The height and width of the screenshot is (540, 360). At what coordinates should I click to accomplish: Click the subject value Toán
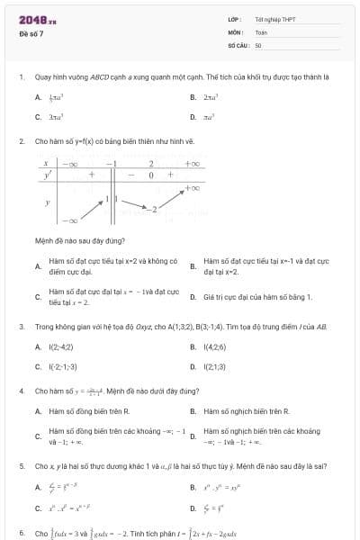[x=261, y=31]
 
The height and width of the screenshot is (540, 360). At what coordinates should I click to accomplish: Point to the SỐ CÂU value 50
[x=258, y=44]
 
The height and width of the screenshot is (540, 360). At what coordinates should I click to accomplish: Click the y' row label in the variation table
[x=48, y=175]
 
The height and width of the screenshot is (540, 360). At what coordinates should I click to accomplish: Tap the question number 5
[x=21, y=466]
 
